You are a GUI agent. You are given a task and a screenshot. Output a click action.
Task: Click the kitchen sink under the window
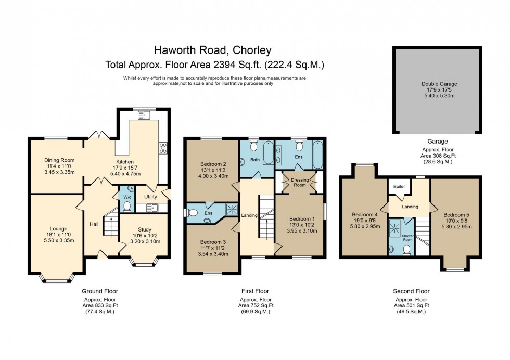click(x=146, y=115)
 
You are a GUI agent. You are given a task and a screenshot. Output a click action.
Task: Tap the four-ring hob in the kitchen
click(x=163, y=148)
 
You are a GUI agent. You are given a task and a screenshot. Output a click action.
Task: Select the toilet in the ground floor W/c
click(x=126, y=207)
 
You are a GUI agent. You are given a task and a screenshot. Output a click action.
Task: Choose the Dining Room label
click(x=59, y=160)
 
